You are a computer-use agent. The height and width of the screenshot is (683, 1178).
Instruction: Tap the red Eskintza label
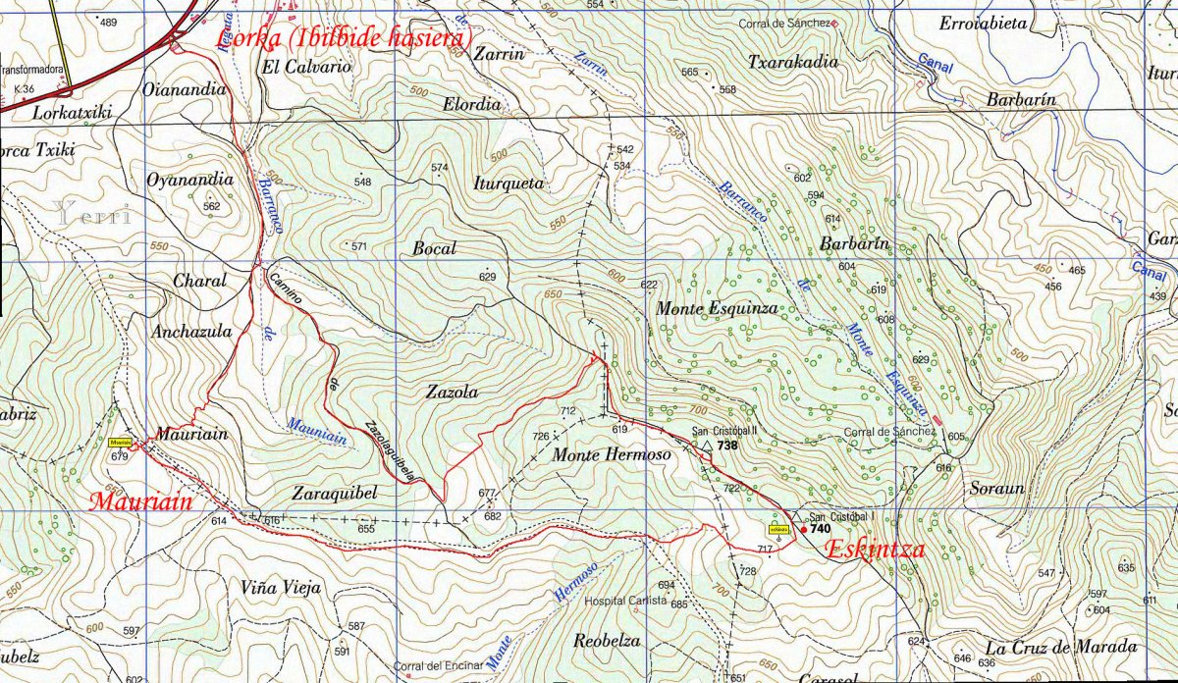(875, 550)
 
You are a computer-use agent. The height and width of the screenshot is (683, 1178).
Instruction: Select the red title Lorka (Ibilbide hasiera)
(344, 39)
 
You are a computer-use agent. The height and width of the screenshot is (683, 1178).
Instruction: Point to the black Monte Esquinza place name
(717, 308)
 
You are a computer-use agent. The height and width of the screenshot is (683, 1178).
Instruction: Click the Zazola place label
(452, 392)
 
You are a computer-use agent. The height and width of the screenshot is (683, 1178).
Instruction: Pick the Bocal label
(434, 249)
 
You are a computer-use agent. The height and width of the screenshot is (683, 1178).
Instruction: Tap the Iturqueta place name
(508, 184)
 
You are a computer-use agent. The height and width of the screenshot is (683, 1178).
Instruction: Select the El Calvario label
(305, 68)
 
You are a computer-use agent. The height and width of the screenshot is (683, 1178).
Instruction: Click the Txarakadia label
(793, 62)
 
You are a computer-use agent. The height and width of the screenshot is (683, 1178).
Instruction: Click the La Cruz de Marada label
(1061, 647)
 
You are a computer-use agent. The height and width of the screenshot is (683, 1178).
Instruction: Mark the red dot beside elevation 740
(804, 530)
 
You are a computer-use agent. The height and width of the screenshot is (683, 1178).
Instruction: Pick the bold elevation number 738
(727, 446)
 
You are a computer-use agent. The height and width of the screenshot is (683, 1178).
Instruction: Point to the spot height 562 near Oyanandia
(211, 206)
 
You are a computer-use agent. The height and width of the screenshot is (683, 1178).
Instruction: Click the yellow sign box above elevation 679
(121, 443)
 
